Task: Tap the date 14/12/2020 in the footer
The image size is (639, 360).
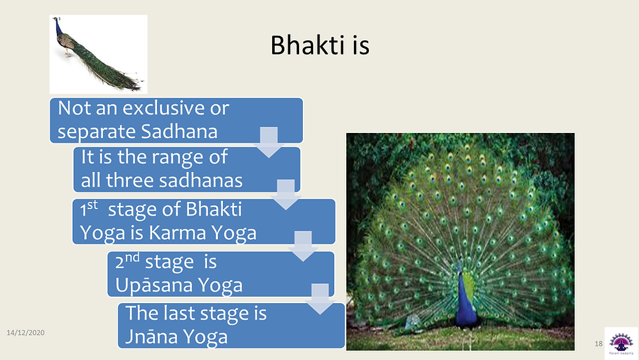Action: point(26,333)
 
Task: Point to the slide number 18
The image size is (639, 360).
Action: point(598,343)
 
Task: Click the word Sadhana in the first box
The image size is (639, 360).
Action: point(179,131)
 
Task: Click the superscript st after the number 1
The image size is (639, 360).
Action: point(93,204)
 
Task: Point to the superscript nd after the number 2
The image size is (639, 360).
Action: point(132,257)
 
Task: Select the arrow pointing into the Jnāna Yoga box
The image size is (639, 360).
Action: point(320,299)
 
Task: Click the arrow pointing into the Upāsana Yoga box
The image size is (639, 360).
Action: point(303,246)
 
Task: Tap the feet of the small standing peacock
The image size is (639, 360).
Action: point(68,54)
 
